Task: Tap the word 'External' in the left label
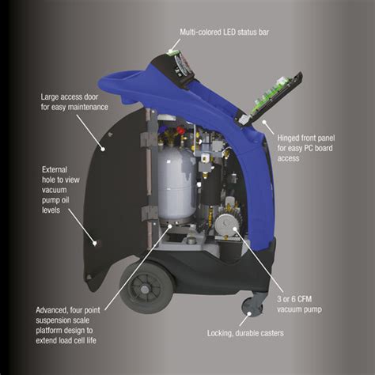(x=58, y=168)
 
